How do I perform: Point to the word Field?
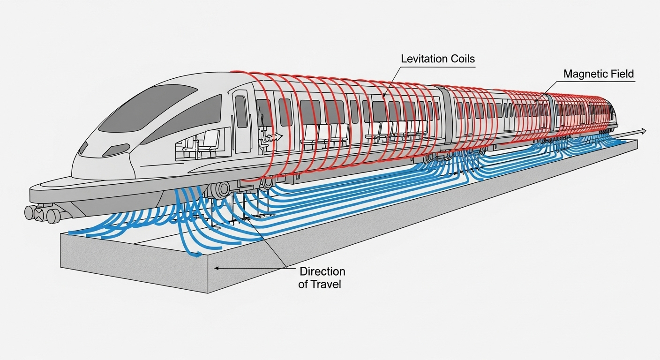tap(622, 74)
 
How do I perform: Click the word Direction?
tap(322, 271)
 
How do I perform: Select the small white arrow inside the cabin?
tap(277, 136)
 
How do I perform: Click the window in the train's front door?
tap(241, 111)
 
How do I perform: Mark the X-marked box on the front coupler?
tap(39, 214)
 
